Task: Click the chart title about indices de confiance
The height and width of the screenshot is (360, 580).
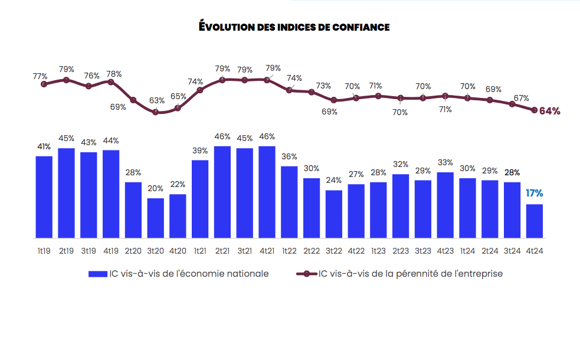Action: tap(294, 27)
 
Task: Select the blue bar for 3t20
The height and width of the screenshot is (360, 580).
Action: tap(156, 218)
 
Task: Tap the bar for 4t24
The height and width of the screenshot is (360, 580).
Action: tap(534, 221)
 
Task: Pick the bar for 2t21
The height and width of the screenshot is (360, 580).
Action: tap(222, 192)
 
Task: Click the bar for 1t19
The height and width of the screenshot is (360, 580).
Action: tap(44, 197)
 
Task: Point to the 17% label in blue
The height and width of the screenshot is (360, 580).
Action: tap(534, 194)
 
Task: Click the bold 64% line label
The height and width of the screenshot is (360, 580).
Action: tap(549, 111)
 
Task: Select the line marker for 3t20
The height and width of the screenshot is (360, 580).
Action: tap(156, 112)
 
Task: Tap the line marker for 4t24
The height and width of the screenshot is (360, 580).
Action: tap(535, 110)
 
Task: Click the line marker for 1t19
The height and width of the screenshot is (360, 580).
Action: tap(44, 84)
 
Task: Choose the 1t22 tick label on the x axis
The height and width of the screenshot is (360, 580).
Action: tap(289, 251)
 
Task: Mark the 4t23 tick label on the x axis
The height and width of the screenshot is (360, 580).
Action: tap(445, 251)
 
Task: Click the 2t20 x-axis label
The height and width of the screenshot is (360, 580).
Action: tap(133, 251)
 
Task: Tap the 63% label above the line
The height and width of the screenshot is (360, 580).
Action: tap(156, 100)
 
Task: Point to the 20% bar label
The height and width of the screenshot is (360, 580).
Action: tap(156, 188)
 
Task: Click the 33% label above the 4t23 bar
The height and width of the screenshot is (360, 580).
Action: tap(445, 163)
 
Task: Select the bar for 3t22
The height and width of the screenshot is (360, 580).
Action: tap(333, 214)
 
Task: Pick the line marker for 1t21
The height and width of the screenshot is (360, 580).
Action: tap(200, 90)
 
